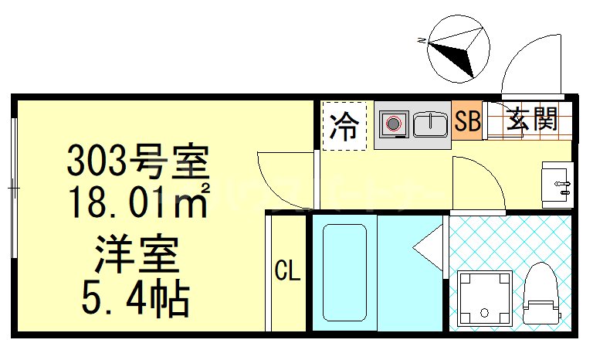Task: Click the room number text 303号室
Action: [x=138, y=163]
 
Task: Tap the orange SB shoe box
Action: [x=467, y=121]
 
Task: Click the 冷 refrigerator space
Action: [x=344, y=126]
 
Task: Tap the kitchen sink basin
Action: [x=430, y=124]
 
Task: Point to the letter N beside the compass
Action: [x=421, y=39]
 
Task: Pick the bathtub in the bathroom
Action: [x=343, y=273]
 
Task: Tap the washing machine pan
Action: [x=485, y=298]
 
